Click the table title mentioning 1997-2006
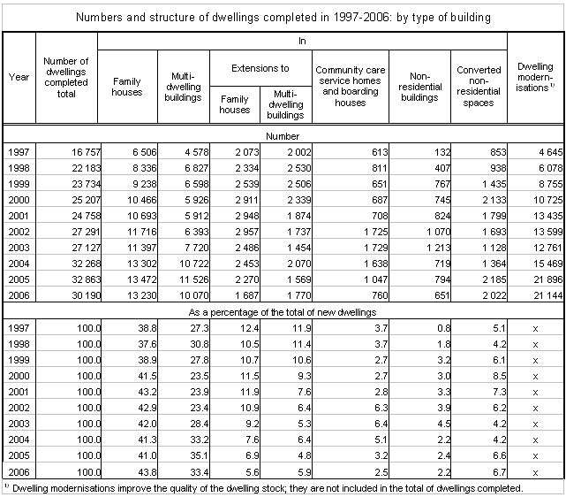(283, 17)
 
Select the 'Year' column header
(18, 76)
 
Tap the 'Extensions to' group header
(260, 67)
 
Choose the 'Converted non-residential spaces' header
(479, 87)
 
